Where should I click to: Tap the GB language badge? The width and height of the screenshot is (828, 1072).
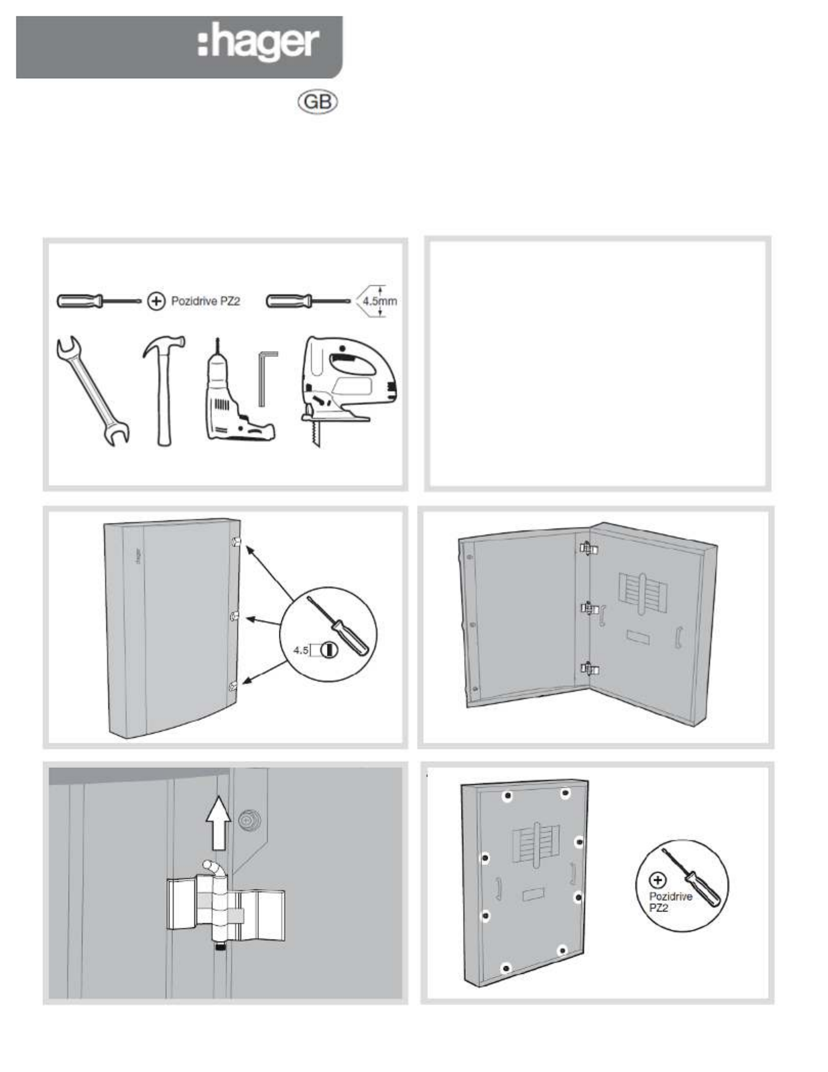coord(317,103)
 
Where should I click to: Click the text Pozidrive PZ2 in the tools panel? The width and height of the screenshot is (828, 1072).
coord(205,301)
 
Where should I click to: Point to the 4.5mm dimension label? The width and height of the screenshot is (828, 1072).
coord(380,301)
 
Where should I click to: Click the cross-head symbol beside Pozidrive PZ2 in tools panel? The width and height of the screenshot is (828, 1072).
coord(156,301)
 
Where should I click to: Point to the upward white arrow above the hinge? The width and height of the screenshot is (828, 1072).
coord(218,822)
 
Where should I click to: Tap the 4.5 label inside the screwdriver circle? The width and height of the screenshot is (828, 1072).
coord(300,650)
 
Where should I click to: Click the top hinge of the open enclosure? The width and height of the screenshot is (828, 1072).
coord(588,549)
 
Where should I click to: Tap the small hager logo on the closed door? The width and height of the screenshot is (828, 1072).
coord(138,555)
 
